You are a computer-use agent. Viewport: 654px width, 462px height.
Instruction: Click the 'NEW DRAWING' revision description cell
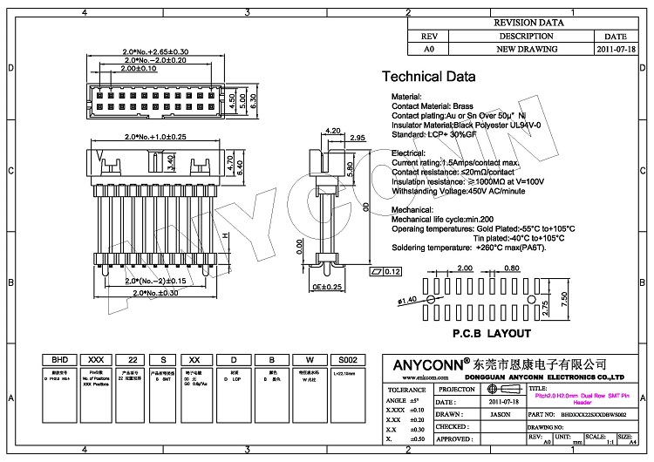pos(522,51)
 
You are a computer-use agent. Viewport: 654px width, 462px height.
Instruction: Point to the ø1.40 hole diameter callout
pos(407,300)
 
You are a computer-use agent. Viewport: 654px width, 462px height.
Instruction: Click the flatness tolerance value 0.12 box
pos(392,273)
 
